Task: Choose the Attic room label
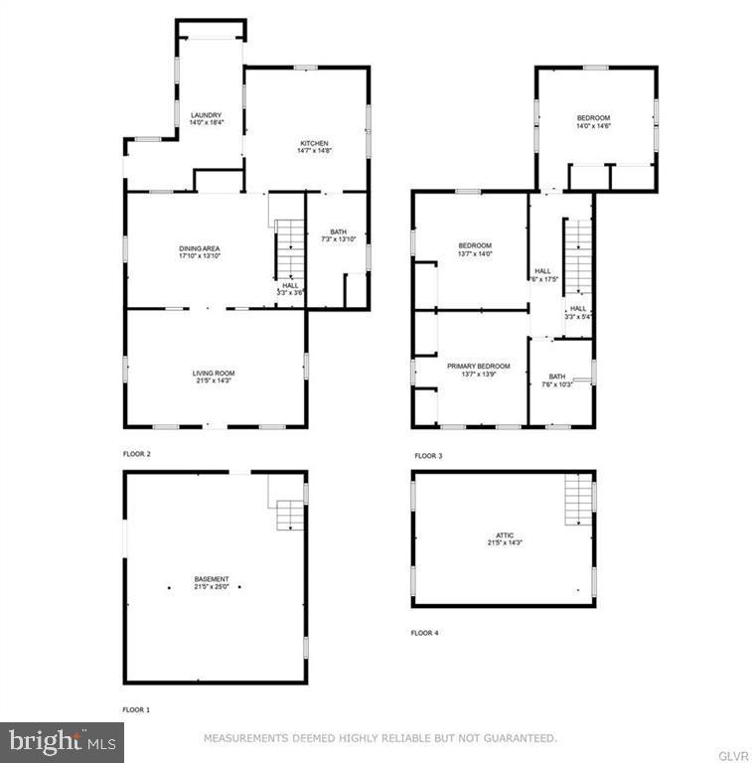click(x=504, y=538)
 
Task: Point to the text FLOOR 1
click(x=136, y=710)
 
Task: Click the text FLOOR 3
click(x=428, y=456)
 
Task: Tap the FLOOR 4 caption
click(x=425, y=633)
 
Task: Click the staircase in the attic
click(x=578, y=499)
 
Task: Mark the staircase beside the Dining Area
click(x=287, y=248)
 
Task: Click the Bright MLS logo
click(x=62, y=740)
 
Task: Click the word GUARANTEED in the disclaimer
click(x=516, y=738)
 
